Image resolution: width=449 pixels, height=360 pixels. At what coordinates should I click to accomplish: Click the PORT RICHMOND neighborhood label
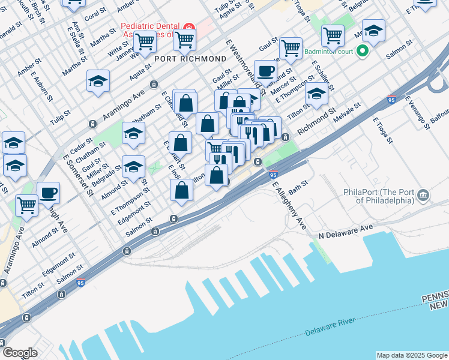(190, 59)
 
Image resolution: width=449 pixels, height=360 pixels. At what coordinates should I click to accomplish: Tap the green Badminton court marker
(362, 52)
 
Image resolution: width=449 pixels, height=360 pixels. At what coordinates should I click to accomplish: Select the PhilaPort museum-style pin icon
(424, 196)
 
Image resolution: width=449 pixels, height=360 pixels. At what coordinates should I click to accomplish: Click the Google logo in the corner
(20, 353)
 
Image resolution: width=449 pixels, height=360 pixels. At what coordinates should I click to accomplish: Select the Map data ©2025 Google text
(412, 355)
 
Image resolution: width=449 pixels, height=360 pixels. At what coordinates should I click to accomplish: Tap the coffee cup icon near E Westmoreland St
(265, 71)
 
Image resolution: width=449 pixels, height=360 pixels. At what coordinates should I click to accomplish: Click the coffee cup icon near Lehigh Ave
(48, 193)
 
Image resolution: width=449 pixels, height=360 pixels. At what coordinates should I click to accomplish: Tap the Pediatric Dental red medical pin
(189, 28)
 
